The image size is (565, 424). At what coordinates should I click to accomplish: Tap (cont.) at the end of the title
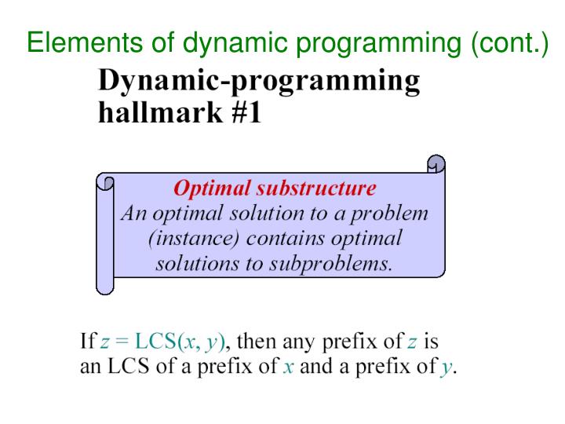[508, 41]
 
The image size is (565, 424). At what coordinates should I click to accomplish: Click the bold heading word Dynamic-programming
[258, 82]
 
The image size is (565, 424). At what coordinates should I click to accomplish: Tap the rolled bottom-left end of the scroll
[105, 284]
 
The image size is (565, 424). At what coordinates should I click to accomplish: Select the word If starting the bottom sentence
[88, 342]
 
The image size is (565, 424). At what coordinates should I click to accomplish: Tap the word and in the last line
[315, 367]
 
